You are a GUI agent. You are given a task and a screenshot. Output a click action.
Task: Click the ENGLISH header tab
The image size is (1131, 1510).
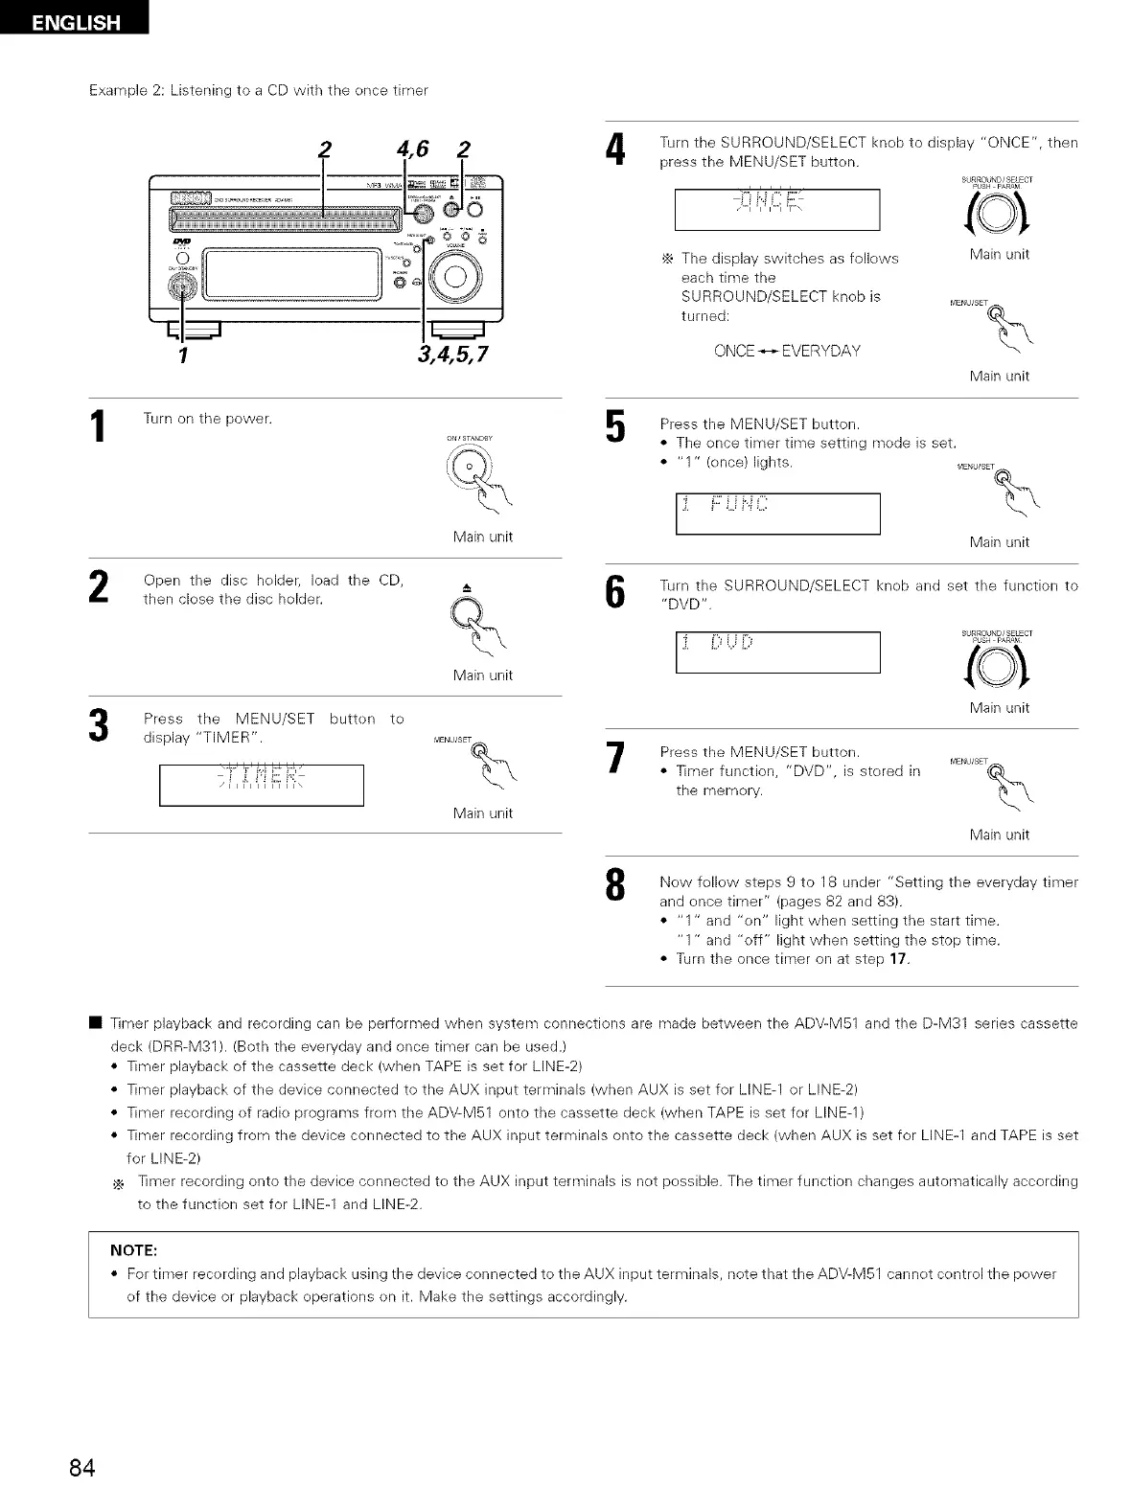click(x=75, y=19)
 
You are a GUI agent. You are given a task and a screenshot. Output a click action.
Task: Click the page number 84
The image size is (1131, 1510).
click(x=82, y=1467)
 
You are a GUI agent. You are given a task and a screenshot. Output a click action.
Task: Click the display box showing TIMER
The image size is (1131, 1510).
click(x=261, y=786)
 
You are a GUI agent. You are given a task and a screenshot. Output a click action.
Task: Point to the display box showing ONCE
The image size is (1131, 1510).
click(x=776, y=210)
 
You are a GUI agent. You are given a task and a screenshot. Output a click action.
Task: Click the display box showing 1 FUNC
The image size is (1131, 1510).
click(x=776, y=514)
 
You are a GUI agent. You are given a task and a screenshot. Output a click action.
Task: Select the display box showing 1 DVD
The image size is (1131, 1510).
click(x=776, y=652)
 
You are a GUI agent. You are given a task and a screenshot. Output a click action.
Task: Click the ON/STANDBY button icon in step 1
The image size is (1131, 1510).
click(x=468, y=470)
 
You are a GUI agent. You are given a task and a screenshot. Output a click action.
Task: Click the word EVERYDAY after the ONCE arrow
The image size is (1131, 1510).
click(x=820, y=351)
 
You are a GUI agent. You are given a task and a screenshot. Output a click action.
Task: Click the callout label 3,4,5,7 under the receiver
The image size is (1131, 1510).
click(x=452, y=355)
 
